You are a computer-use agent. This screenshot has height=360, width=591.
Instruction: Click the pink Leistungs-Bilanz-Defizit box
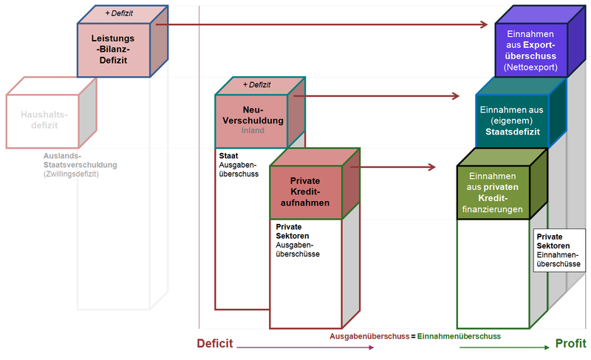(114, 48)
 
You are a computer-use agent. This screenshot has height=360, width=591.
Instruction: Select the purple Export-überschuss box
(530, 50)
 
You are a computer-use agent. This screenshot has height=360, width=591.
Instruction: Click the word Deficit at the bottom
(215, 344)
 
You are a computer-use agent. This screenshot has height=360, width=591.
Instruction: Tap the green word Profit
(570, 344)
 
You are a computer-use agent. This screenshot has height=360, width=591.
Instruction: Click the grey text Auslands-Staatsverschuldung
(75, 165)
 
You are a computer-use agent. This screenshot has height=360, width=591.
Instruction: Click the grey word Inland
(252, 131)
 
